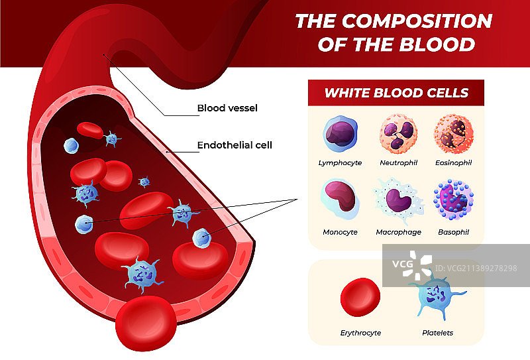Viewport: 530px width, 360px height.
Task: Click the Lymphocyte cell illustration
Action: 341,134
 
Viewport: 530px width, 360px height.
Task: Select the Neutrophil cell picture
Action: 397,134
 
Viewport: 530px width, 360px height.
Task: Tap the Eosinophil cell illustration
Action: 454,134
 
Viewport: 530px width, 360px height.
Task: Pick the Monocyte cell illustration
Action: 341,199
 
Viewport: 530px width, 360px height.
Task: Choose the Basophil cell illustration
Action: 454,200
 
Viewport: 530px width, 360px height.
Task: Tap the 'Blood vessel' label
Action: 227,108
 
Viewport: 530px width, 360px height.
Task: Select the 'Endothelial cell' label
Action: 235,145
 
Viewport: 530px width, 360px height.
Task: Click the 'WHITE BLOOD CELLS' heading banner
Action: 396,93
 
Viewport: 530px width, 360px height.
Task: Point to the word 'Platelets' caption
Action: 437,333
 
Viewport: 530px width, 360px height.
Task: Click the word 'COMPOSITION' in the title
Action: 417,21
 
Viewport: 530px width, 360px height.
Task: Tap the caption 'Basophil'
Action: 454,233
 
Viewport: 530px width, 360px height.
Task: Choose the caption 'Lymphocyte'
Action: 340,162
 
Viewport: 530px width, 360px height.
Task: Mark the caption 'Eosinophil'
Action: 454,162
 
